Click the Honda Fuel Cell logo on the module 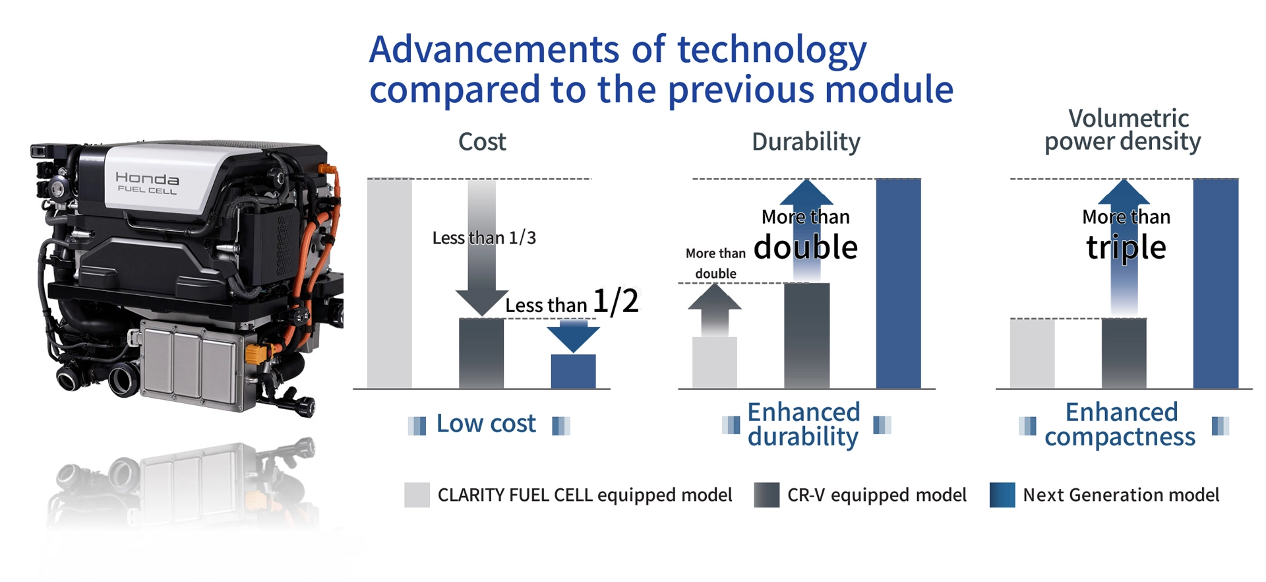pyautogui.click(x=146, y=182)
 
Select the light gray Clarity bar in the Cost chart pyautogui.click(x=390, y=284)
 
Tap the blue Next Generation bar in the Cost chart pyautogui.click(x=573, y=372)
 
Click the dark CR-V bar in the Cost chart pyautogui.click(x=481, y=354)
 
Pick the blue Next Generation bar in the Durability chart pyautogui.click(x=898, y=284)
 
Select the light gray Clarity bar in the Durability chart pyautogui.click(x=715, y=363)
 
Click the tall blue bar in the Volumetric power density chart pyautogui.click(x=1216, y=284)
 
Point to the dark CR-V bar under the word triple pyautogui.click(x=1124, y=354)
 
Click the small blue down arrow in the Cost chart pyautogui.click(x=573, y=336)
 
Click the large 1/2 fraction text pyautogui.click(x=616, y=302)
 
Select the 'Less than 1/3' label pyautogui.click(x=484, y=238)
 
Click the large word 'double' pyautogui.click(x=806, y=247)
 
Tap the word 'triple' pyautogui.click(x=1126, y=248)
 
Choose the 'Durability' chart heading pyautogui.click(x=806, y=142)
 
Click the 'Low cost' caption pyautogui.click(x=486, y=424)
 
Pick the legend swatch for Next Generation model pyautogui.click(x=1002, y=495)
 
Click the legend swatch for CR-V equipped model pyautogui.click(x=767, y=495)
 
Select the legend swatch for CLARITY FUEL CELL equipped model pyautogui.click(x=417, y=495)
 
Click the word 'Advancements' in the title pyautogui.click(x=495, y=49)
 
